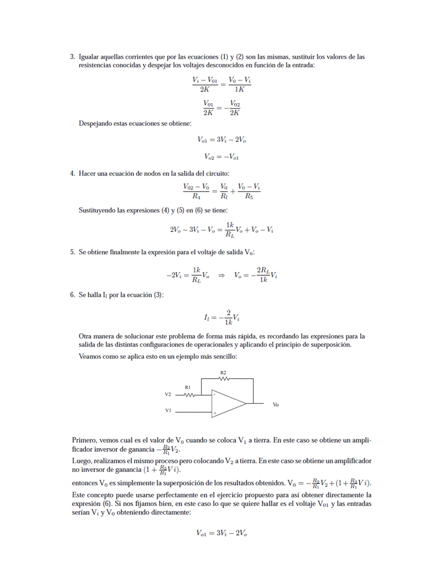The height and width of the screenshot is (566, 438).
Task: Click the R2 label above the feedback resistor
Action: [x=223, y=372]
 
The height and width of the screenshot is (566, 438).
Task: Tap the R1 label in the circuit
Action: [x=188, y=386]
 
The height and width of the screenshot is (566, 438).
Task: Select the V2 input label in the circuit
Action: [x=168, y=395]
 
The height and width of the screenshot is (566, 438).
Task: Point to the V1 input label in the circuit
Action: [x=168, y=411]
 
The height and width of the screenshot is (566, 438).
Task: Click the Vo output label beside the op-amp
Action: [x=276, y=404]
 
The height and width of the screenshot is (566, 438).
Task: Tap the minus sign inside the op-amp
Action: [x=214, y=395]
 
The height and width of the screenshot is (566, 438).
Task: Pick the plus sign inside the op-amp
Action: [x=214, y=413]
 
